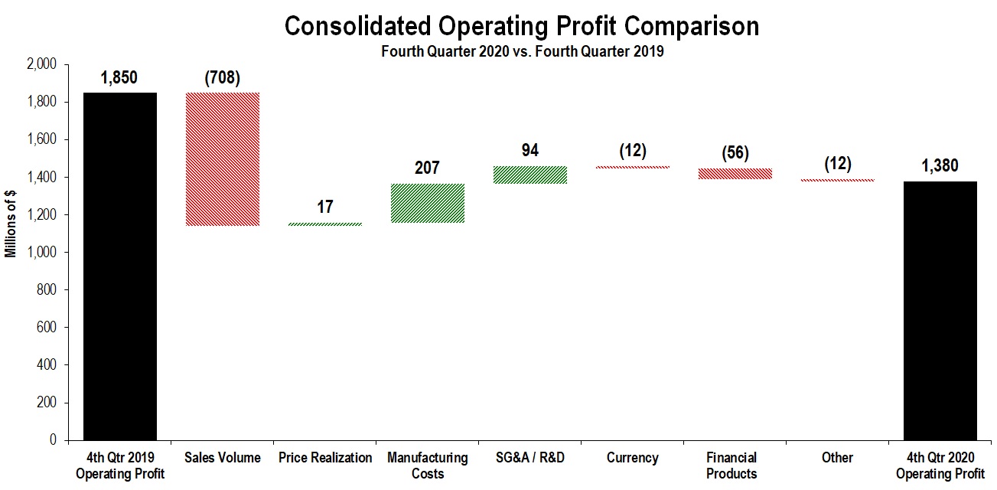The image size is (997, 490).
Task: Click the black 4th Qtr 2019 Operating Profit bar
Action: (120, 266)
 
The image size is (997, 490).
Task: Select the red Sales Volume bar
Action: (223, 159)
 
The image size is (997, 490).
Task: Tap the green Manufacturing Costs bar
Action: (428, 203)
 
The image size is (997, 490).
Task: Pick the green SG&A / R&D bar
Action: (530, 175)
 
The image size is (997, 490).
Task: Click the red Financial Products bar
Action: (735, 174)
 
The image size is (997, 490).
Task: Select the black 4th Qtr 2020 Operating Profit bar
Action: (940, 310)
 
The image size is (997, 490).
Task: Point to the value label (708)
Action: (223, 77)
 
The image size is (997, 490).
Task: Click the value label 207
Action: (427, 168)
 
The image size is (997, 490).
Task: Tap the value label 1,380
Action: (940, 165)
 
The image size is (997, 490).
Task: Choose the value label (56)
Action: (735, 152)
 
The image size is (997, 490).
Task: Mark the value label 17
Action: (324, 207)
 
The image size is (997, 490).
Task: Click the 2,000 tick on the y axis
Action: (41, 65)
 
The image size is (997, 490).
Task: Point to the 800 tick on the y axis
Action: (47, 290)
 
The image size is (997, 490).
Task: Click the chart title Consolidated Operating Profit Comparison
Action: (522, 26)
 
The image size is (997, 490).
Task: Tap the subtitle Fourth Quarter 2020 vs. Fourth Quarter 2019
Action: (522, 52)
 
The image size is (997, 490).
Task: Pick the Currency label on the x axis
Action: (632, 458)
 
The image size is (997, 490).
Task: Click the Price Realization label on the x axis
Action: (325, 458)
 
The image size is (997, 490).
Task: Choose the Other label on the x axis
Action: (838, 458)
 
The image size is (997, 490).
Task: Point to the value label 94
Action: (530, 150)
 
